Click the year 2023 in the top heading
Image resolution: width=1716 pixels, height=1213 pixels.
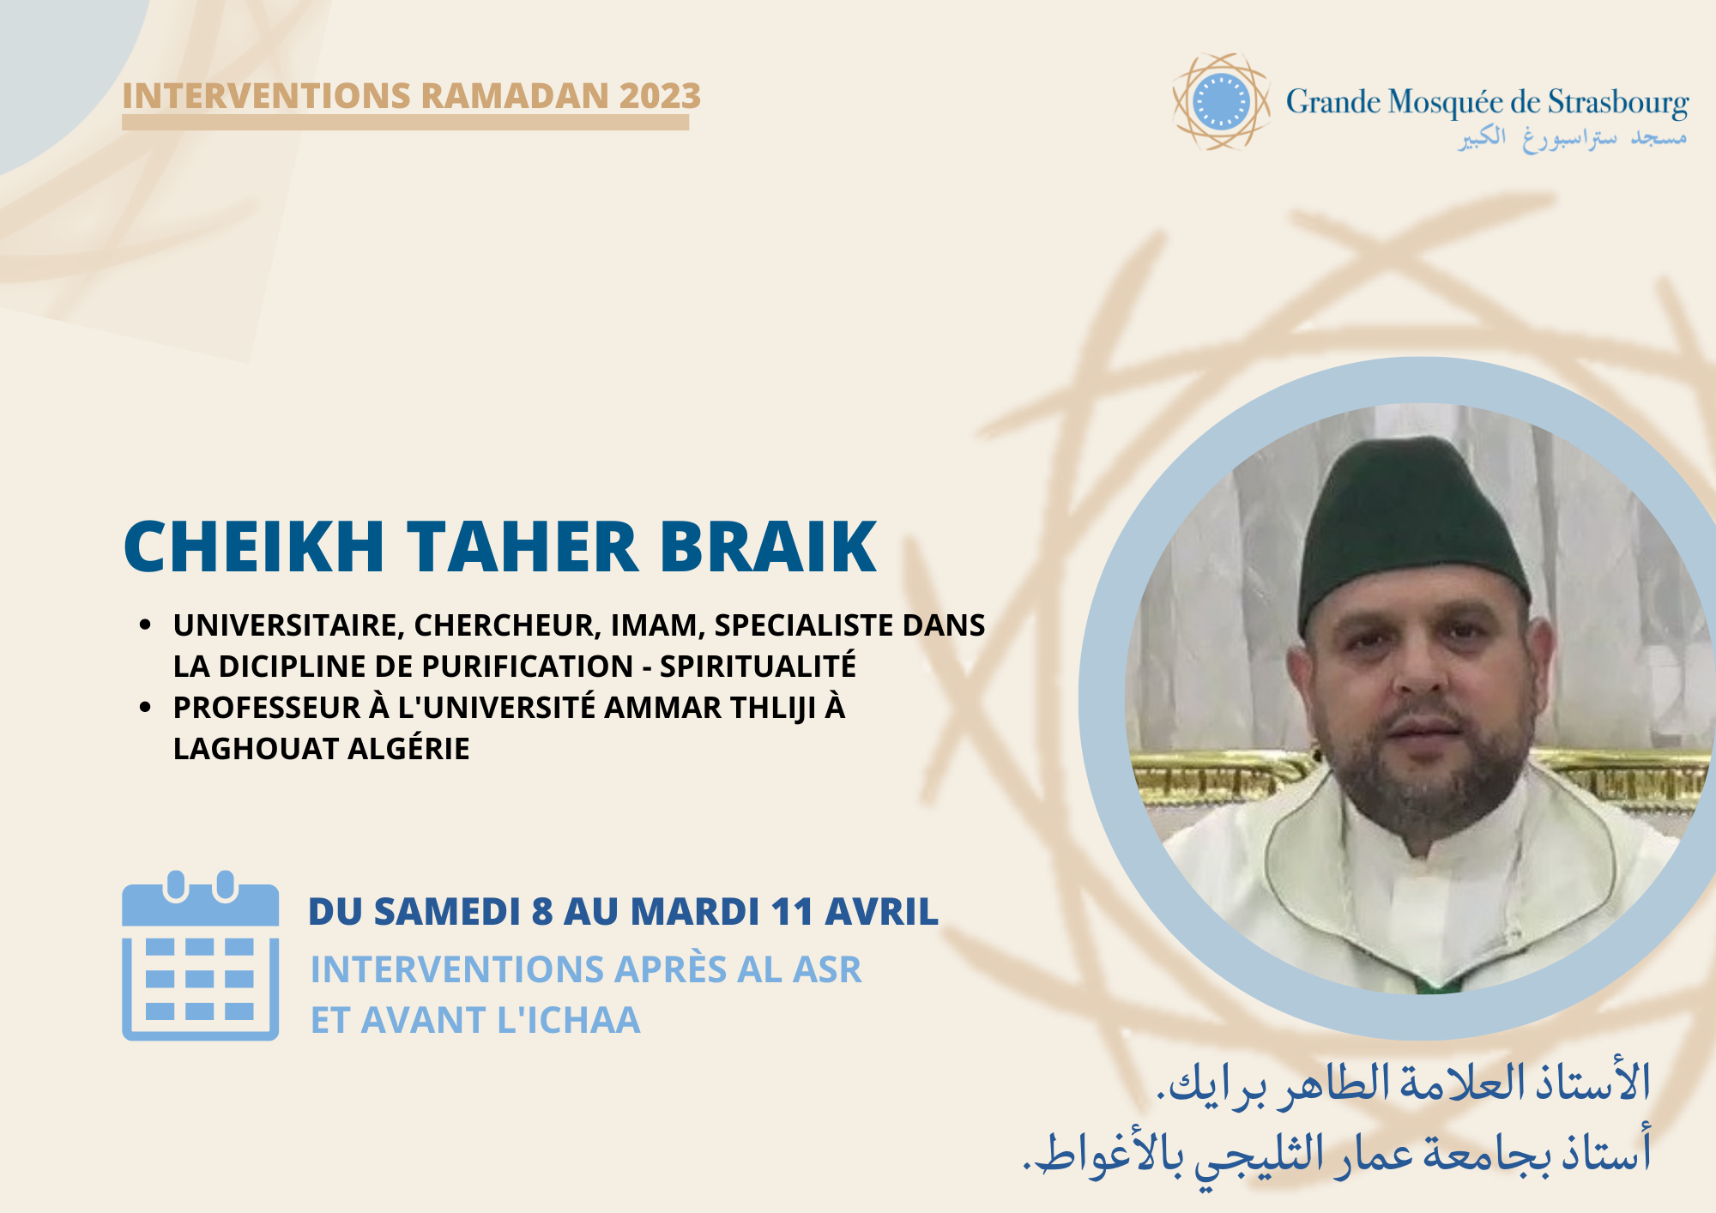pos(660,96)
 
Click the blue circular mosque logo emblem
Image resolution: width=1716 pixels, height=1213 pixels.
pos(1221,102)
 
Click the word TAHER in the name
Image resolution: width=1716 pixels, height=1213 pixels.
pos(523,546)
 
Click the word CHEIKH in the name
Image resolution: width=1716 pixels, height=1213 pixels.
pos(254,546)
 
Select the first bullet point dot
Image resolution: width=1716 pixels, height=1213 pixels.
pos(145,625)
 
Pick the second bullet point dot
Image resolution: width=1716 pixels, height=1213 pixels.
pos(145,708)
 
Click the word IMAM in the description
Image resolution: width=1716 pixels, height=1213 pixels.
pos(656,625)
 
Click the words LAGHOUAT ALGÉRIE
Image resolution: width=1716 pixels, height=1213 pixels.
pos(321,749)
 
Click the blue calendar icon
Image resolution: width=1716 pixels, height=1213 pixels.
pos(200,957)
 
